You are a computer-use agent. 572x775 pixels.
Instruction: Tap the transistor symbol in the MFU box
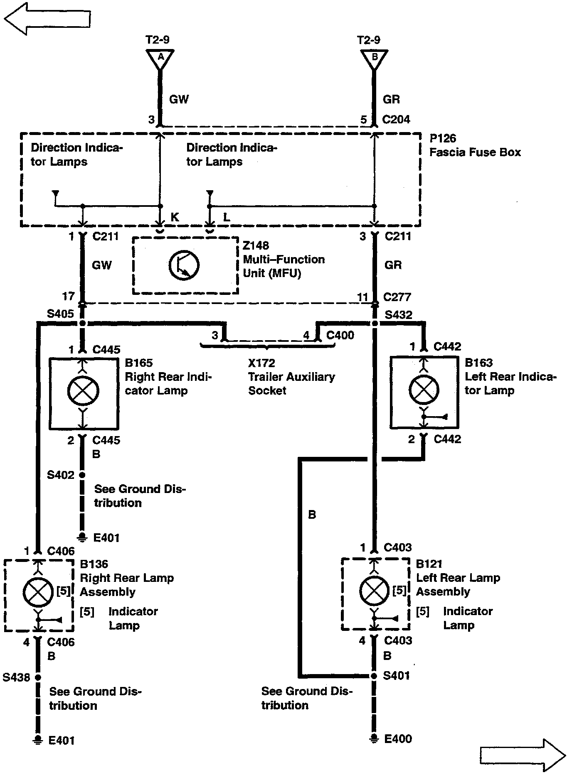(184, 265)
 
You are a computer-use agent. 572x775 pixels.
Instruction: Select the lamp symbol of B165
(83, 391)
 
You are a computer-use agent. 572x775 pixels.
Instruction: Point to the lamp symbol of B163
(424, 390)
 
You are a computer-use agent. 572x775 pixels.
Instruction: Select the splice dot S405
(82, 323)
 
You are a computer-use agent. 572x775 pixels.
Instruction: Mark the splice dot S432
(375, 323)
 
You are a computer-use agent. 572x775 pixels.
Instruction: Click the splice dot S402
(82, 475)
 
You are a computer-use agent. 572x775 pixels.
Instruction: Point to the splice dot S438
(38, 677)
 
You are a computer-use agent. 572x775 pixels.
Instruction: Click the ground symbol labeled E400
(374, 739)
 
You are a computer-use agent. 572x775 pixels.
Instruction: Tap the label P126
(443, 138)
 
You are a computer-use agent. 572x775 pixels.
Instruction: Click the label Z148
(256, 245)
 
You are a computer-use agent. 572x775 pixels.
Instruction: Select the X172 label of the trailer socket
(261, 363)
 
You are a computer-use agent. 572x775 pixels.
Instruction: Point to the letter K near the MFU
(175, 217)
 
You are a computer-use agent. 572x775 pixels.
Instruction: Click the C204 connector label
(396, 120)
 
